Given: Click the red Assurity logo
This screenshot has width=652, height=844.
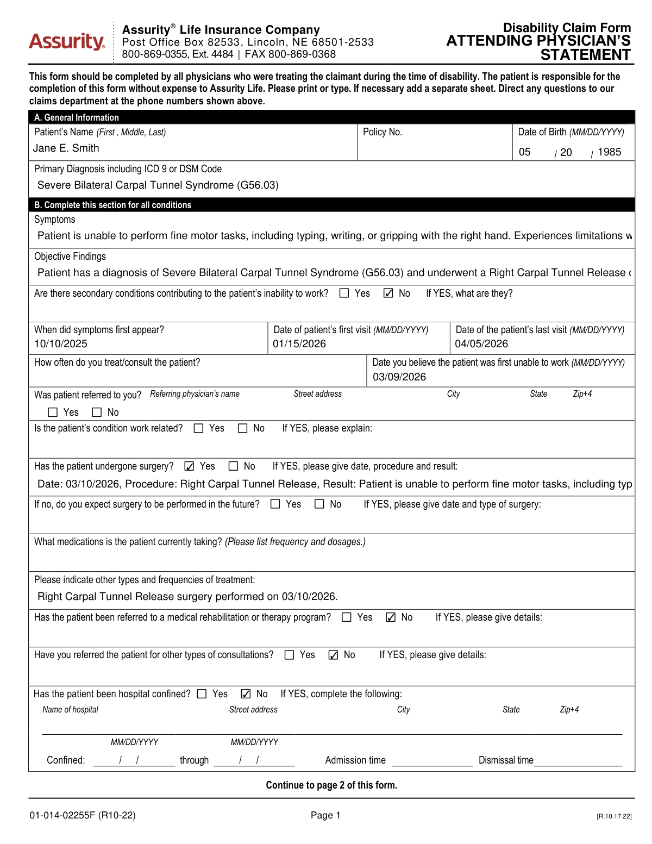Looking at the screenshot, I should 66,41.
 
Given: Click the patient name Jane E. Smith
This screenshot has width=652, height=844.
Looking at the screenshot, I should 66,148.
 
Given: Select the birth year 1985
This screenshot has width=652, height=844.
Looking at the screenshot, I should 609,152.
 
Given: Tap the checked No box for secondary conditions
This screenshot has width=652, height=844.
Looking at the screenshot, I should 388,293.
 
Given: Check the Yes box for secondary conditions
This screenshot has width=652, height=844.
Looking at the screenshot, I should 344,293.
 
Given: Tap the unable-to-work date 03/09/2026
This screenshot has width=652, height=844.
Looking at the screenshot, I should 399,377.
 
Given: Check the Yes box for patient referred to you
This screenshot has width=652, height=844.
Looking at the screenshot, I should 53,412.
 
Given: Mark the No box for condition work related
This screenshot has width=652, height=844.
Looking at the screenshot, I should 243,429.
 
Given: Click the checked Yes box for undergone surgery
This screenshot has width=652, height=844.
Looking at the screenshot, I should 189,466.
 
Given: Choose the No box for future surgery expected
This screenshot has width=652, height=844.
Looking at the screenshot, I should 319,504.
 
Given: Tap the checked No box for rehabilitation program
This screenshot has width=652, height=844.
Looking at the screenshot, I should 391,617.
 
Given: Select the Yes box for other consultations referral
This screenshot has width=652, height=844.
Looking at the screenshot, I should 290,655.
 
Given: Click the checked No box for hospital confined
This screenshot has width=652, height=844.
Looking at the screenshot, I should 246,694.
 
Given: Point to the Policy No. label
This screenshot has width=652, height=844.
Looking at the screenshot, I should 383,132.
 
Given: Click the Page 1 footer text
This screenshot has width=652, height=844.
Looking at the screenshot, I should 325,815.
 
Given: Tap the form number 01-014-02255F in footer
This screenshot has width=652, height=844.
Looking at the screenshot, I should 62,815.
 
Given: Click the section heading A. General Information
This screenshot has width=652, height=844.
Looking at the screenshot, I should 77,117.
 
